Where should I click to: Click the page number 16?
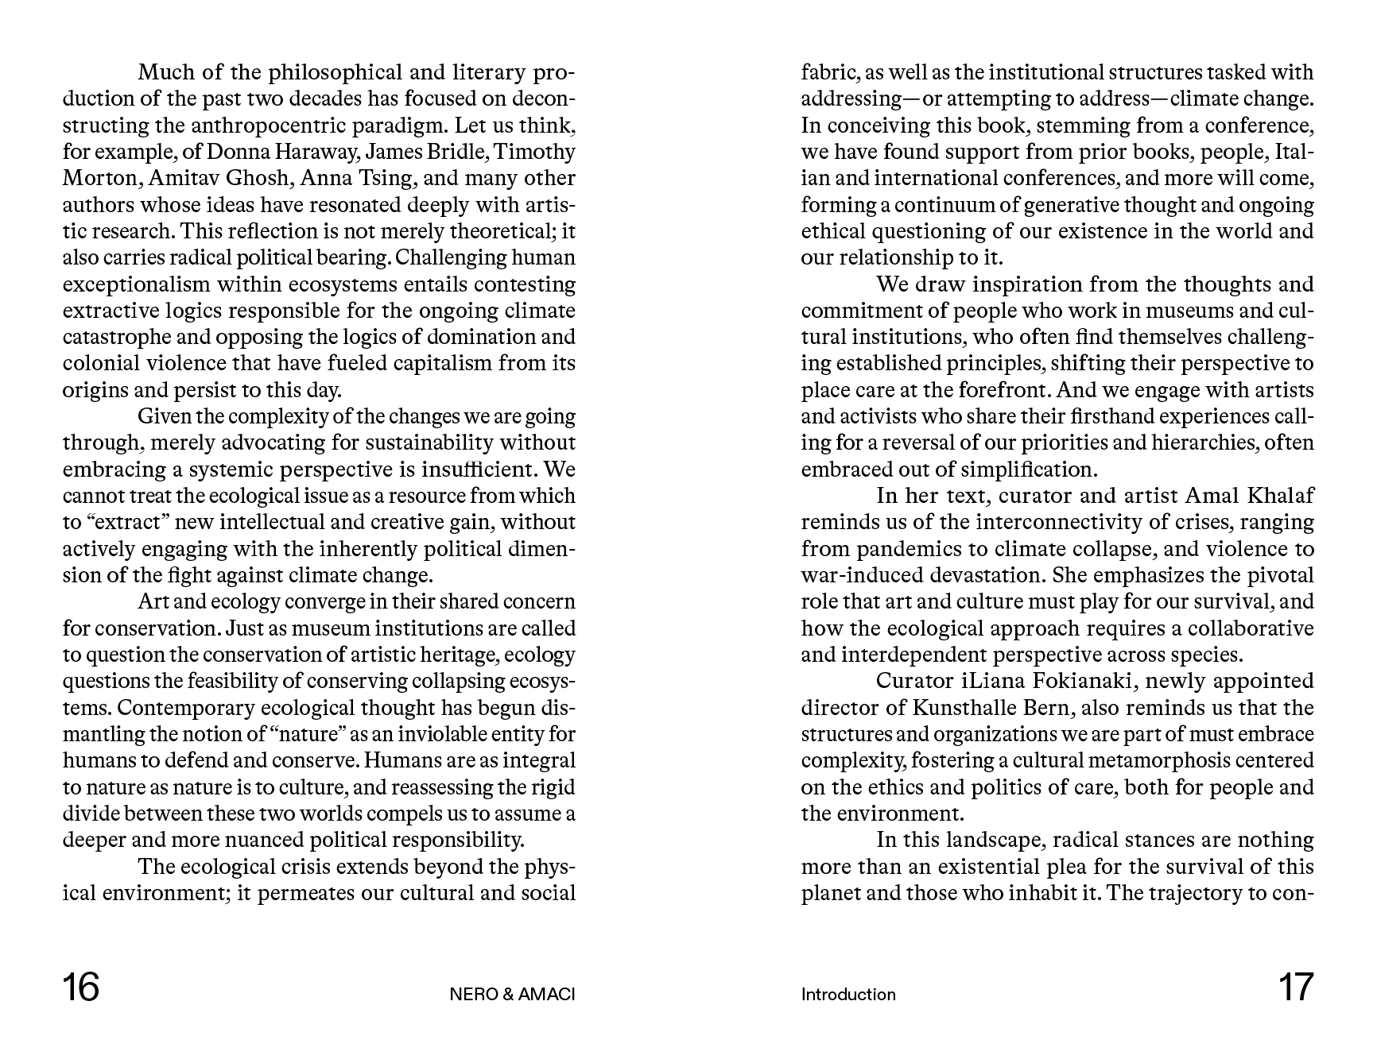pos(81,988)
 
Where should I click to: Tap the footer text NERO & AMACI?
pos(512,995)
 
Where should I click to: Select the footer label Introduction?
pos(848,995)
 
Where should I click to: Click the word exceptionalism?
pos(137,284)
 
